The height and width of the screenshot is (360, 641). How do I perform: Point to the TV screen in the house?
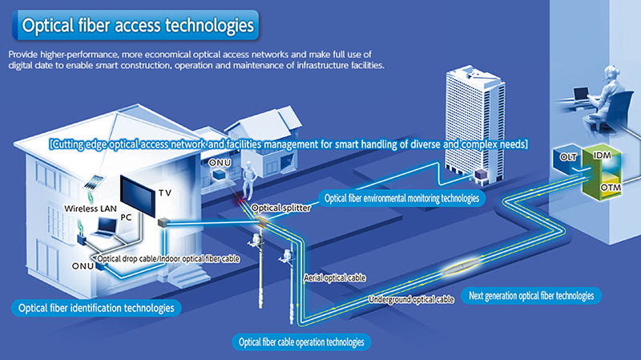(x=137, y=196)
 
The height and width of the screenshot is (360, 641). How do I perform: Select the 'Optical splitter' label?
(x=277, y=207)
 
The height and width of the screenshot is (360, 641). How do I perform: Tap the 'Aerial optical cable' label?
(x=335, y=277)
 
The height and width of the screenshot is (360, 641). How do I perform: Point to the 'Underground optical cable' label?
(x=411, y=299)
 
